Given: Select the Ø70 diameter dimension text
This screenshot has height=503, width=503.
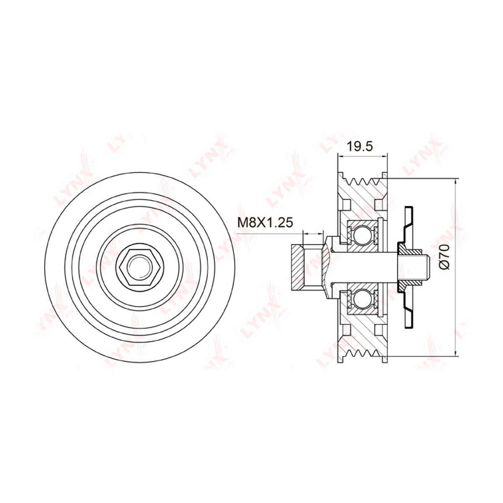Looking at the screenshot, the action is (x=444, y=257).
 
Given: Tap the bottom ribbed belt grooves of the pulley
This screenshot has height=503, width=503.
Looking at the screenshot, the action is (x=362, y=353).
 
